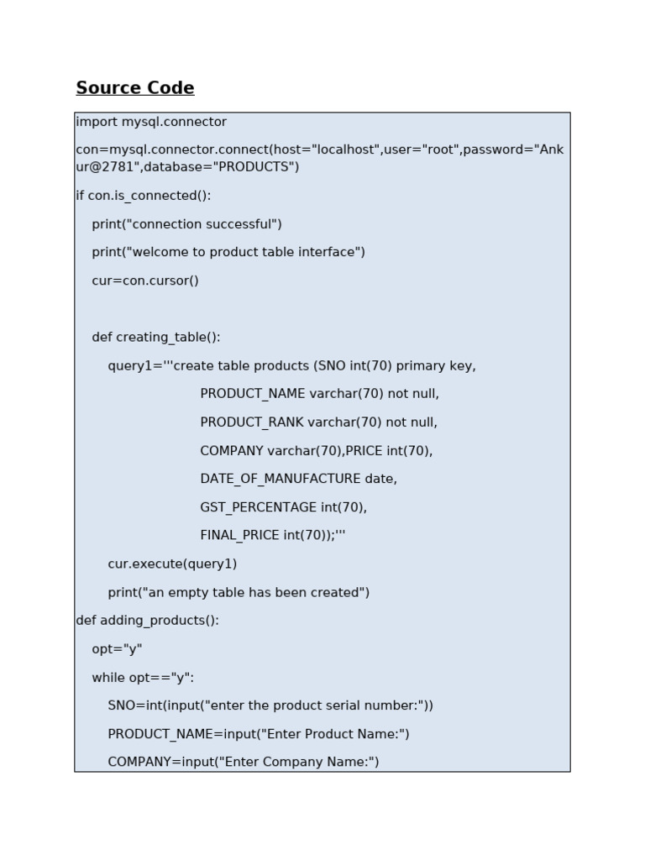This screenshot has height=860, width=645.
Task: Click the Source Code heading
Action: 135,88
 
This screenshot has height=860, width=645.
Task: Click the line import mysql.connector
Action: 151,122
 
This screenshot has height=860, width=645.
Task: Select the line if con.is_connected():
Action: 144,196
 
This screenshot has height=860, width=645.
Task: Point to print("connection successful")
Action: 186,224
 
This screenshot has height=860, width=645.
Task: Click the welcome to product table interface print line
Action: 228,252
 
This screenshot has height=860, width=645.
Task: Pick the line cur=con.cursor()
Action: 145,281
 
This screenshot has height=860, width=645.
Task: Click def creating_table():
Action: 156,337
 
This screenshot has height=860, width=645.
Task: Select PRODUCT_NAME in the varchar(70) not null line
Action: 253,394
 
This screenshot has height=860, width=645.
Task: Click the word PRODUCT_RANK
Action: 252,422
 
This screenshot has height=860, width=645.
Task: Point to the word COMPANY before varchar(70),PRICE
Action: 232,451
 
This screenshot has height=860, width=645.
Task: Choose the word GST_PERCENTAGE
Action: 259,507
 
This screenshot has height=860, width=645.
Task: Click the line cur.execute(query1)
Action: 172,564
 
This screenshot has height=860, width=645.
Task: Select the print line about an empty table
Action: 239,592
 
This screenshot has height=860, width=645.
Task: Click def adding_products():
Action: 147,621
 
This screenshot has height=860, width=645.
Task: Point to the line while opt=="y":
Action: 143,677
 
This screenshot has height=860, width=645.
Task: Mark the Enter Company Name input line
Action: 244,762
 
